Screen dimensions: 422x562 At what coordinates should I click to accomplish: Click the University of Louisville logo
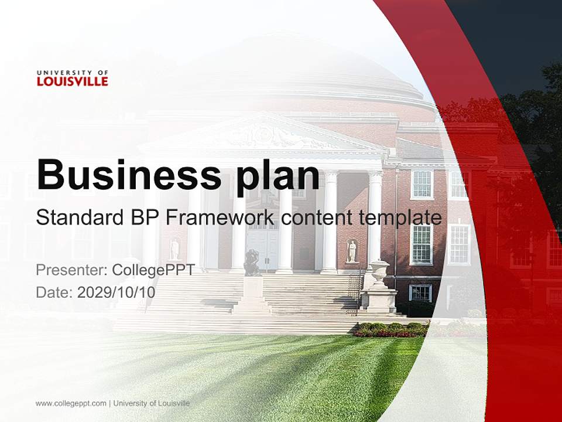(72, 79)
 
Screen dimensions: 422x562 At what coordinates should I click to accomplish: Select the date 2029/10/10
(116, 292)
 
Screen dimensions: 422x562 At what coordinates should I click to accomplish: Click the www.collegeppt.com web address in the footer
(71, 403)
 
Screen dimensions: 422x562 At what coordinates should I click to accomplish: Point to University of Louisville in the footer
(152, 403)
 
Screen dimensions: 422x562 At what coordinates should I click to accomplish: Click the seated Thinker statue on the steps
(252, 263)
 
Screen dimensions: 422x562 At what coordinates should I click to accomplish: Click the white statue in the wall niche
(351, 250)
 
